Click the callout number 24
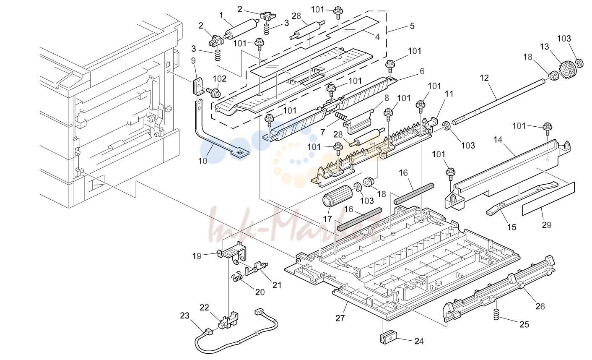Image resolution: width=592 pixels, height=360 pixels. click(x=419, y=341)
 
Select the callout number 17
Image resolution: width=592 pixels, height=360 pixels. click(x=327, y=219)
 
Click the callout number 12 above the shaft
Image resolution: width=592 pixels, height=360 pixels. click(x=484, y=78)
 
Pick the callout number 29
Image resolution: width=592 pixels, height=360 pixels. click(x=547, y=225)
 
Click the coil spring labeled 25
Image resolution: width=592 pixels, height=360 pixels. click(x=496, y=315)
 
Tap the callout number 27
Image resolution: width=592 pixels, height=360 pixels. click(x=340, y=318)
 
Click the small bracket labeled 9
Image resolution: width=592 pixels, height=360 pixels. click(x=197, y=86)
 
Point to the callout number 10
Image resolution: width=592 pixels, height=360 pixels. click(x=203, y=161)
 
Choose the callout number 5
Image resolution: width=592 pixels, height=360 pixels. click(x=412, y=26)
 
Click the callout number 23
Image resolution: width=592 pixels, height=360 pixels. click(x=185, y=315)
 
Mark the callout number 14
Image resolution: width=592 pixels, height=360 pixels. click(x=498, y=139)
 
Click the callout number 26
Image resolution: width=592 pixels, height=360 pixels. click(x=540, y=306)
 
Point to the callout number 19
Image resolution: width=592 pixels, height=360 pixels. click(x=197, y=256)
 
